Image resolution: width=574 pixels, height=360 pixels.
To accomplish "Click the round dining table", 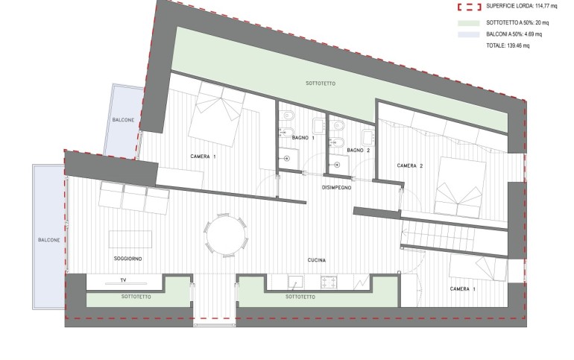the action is (226, 236).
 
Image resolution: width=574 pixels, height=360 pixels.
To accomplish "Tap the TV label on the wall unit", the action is (123, 280).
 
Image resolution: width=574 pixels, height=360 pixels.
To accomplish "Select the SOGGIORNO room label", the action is (127, 259).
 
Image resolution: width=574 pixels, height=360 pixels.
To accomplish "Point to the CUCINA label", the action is (317, 260).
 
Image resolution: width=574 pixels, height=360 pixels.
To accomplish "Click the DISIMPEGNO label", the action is (336, 188).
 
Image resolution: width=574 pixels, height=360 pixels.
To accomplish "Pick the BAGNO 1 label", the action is (303, 138).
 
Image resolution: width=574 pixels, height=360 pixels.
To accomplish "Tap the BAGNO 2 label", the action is (359, 150).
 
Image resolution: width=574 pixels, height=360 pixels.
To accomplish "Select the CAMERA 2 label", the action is (410, 165).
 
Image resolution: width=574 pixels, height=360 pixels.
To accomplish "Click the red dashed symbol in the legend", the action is (469, 7).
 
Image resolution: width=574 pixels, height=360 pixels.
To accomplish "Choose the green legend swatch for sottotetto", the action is (469, 23).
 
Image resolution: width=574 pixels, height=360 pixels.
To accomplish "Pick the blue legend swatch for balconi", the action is (469, 35).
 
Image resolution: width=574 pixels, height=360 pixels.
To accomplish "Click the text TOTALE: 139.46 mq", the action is (508, 45).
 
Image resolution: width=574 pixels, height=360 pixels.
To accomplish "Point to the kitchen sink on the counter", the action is (295, 282).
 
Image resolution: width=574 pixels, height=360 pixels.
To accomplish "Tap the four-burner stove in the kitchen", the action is (329, 282).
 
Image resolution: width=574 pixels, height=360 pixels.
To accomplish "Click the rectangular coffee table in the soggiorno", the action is (130, 239).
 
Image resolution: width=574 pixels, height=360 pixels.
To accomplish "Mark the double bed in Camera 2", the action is (459, 186).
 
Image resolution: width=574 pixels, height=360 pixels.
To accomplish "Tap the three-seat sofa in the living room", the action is (134, 198).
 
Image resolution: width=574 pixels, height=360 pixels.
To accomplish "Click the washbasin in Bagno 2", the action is (368, 139).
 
